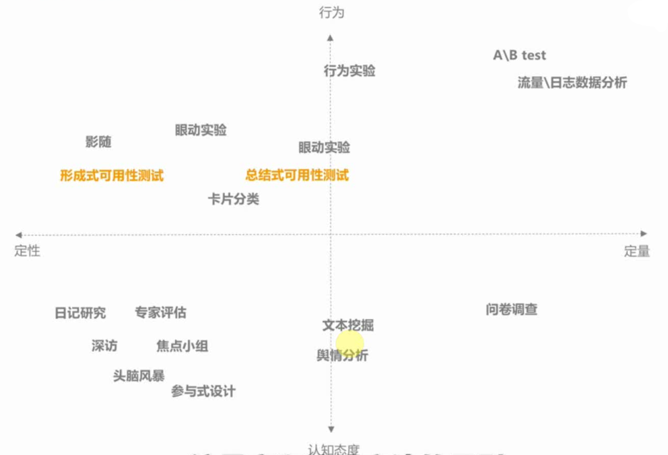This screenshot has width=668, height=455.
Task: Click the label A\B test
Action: [519, 56]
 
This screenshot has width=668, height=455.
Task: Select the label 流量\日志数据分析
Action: [572, 83]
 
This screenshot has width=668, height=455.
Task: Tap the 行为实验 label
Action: [349, 71]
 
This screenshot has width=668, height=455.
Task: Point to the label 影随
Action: [98, 142]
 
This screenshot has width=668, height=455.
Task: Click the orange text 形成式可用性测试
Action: [112, 176]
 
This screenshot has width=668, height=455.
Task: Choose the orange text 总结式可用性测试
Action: [297, 176]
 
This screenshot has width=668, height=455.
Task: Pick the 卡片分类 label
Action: [233, 199]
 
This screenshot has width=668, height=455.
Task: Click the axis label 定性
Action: [28, 251]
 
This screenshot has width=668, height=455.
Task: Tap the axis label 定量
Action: [636, 251]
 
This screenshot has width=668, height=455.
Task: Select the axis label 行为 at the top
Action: [331, 13]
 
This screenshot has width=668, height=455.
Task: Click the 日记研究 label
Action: [80, 313]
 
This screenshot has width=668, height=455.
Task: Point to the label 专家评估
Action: [160, 312]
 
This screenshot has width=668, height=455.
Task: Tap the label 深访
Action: [104, 346]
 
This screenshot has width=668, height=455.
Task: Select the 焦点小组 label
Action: [182, 347]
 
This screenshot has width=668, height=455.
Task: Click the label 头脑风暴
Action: [139, 376]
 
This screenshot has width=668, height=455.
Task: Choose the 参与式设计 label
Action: [203, 391]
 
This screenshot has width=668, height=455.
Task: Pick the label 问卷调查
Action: [511, 310]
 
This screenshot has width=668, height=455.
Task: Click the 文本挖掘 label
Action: [347, 325]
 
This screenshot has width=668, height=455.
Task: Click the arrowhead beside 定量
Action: [644, 234]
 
